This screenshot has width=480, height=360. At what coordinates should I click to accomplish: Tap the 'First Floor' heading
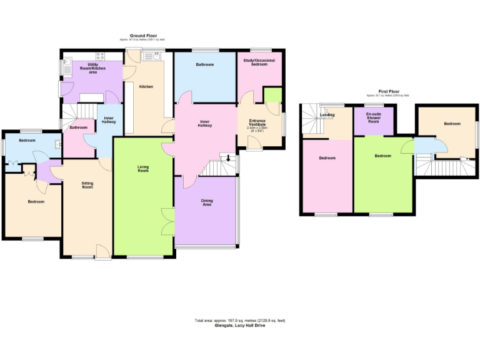389,91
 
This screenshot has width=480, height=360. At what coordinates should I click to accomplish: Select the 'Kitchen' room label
146,86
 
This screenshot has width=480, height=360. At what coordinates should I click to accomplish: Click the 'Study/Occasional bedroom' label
259,62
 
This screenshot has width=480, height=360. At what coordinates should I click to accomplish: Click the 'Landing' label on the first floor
327,114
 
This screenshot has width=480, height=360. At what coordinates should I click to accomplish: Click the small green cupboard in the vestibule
272,95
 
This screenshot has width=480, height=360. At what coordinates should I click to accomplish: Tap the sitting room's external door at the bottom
102,252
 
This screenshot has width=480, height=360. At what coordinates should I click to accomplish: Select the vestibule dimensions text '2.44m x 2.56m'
257,129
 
